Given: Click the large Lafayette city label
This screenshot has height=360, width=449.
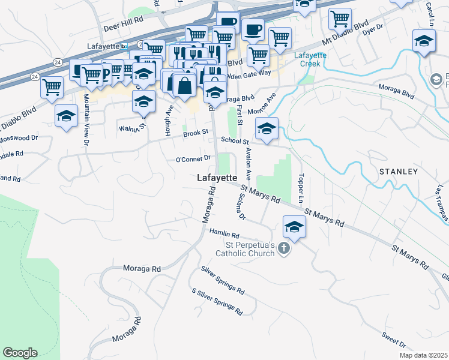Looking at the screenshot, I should pos(217,178).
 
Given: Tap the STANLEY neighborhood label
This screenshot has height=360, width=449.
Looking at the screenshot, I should pos(399,172).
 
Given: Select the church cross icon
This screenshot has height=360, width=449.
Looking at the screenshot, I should pos(284,248).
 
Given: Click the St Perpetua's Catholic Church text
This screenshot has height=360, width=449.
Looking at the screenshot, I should pos(250,249).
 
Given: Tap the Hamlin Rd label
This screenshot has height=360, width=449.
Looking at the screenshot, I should pos(224,234).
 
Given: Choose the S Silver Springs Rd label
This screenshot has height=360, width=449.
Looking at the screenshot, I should pos(217,302).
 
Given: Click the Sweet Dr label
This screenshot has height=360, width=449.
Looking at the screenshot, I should pos(393,341).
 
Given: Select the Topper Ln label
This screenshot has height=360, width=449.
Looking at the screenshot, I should pos(300,188).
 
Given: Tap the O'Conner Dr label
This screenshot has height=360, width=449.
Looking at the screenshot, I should pos(193,159).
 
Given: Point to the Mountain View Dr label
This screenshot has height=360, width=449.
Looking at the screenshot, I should pos(86,119).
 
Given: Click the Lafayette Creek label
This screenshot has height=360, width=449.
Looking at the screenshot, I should pos(310,59).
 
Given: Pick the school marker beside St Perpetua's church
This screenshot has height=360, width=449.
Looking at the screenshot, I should pos(294,227).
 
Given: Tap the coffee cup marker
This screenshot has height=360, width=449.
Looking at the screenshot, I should pos(253,28).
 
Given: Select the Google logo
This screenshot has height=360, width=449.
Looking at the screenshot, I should pos(20,353).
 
